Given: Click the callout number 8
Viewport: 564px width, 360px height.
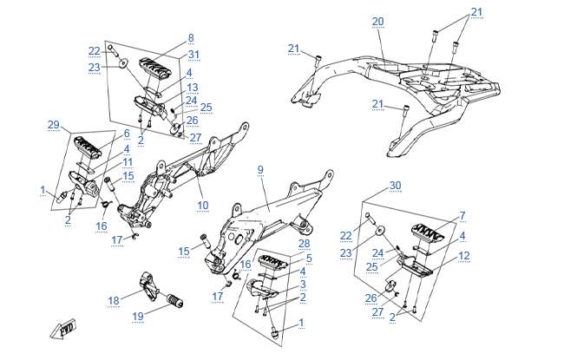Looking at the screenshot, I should (191, 38).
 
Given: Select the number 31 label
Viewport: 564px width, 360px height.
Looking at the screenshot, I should (193, 56).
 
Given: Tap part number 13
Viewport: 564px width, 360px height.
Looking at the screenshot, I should (193, 88).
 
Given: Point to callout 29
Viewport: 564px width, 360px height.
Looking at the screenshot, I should (54, 126).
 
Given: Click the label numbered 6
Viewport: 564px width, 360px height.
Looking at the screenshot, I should (126, 134).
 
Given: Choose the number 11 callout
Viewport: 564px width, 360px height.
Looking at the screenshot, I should (127, 162).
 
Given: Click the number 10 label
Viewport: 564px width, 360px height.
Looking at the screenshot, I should (203, 206).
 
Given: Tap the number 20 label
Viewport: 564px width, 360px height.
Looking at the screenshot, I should (377, 21).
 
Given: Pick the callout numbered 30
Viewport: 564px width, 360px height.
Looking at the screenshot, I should (395, 186).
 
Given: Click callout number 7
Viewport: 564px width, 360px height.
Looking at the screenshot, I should (462, 215).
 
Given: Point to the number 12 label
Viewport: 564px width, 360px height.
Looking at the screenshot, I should (464, 256).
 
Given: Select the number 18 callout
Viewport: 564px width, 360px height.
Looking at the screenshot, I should (114, 301).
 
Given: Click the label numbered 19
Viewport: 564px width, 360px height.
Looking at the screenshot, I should (138, 317).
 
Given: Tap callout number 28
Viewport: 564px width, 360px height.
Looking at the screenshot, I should (292, 244).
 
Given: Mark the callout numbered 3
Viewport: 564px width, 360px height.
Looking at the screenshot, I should (302, 285).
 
